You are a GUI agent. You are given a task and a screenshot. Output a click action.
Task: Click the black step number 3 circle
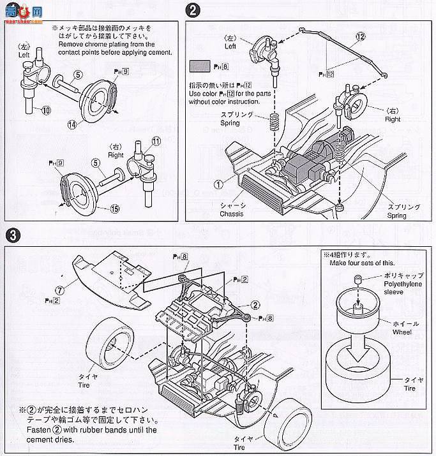11,235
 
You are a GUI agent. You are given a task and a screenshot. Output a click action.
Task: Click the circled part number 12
361,37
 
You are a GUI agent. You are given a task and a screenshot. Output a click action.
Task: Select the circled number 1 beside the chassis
218,185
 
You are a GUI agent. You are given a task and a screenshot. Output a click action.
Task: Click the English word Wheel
402,332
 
